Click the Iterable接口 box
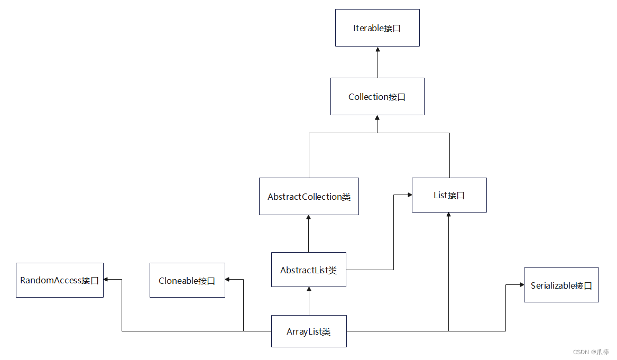(x=377, y=27)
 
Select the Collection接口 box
(x=377, y=96)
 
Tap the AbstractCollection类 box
(x=309, y=196)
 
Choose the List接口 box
(x=449, y=195)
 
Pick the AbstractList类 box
(x=308, y=270)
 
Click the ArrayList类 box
(x=309, y=331)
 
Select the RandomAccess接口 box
(x=59, y=280)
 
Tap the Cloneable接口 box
(x=187, y=280)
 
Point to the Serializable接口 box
(x=561, y=285)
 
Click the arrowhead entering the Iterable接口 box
(x=377, y=49)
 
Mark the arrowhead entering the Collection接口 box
(x=377, y=118)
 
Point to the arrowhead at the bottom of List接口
(x=448, y=215)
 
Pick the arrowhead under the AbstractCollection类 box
(x=309, y=218)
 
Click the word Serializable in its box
(x=552, y=285)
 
